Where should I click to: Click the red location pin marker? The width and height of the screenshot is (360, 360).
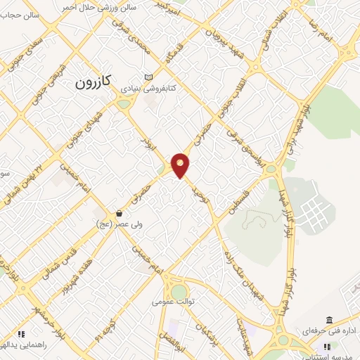pyautogui.click(x=181, y=165)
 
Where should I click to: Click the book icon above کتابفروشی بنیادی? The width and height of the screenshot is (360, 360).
pyautogui.click(x=147, y=77)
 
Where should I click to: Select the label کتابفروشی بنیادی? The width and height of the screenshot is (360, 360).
pyautogui.click(x=148, y=89)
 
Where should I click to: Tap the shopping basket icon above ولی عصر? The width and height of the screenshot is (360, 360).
pyautogui.click(x=119, y=213)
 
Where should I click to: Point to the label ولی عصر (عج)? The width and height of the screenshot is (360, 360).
pyautogui.click(x=118, y=224)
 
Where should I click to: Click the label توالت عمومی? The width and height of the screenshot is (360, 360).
pyautogui.click(x=172, y=302)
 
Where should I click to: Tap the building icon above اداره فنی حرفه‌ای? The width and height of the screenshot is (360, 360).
pyautogui.click(x=328, y=320)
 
